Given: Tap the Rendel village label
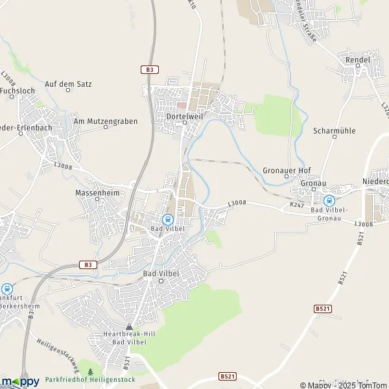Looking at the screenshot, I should click(358, 60).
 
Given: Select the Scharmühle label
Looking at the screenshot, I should click(334, 130).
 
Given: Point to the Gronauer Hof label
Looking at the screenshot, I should click(287, 170).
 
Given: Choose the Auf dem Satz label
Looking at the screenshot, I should click(68, 84).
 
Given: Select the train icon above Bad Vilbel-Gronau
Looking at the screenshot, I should click(329, 201).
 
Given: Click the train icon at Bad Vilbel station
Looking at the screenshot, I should click(167, 219).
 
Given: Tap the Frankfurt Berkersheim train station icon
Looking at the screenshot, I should click(7, 289).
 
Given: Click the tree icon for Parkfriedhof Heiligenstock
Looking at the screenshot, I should click(90, 371).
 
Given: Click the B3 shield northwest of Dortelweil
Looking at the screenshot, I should click(149, 69).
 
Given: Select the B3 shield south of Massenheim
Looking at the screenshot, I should click(86, 264).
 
